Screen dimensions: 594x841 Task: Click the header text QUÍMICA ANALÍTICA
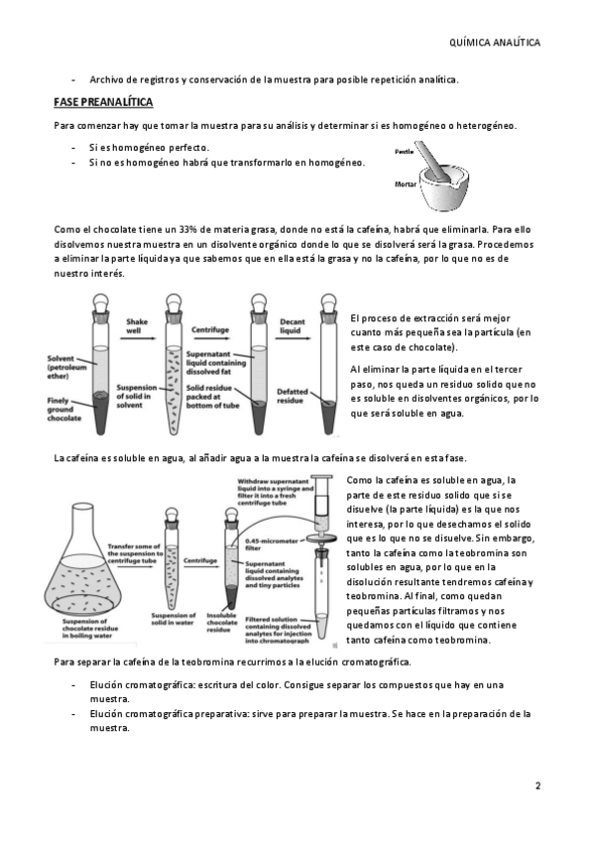pyautogui.click(x=494, y=43)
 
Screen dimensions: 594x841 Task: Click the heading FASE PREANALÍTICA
pyautogui.click(x=103, y=102)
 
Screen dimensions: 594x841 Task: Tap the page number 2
pyautogui.click(x=537, y=786)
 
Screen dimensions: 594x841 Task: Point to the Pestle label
pyautogui.click(x=405, y=152)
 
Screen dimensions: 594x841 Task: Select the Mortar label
pyautogui.click(x=406, y=184)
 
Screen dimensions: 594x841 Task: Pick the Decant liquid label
pyautogui.click(x=293, y=326)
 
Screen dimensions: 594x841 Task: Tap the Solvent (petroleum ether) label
pyautogui.click(x=66, y=367)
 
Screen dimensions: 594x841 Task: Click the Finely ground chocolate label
pyautogui.click(x=63, y=409)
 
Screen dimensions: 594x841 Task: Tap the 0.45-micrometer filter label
pyautogui.click(x=272, y=544)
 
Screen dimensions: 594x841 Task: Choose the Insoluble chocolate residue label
pyautogui.click(x=221, y=622)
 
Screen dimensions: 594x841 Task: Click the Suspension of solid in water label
pyautogui.click(x=174, y=619)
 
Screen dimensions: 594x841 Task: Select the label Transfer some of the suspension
pyautogui.click(x=135, y=553)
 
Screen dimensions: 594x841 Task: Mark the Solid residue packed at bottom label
pyautogui.click(x=213, y=396)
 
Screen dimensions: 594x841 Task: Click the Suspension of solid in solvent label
pyautogui.click(x=137, y=396)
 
